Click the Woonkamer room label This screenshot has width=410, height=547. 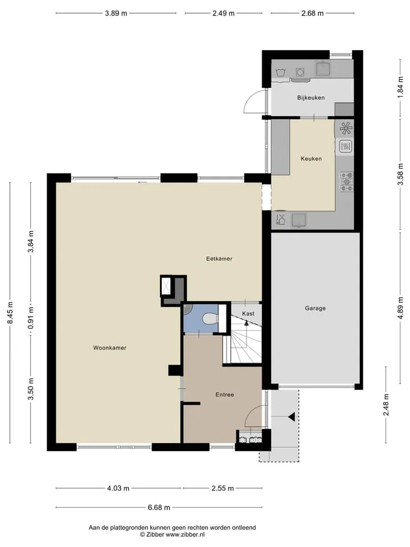109,348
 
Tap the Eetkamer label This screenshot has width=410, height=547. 219,259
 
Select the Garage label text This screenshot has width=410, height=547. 315,308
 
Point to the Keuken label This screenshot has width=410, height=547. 311,158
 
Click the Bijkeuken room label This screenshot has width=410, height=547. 311,97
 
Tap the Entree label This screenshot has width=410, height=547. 224,394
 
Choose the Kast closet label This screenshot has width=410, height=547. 248,313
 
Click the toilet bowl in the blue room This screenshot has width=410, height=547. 210,319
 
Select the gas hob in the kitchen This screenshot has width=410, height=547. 346,182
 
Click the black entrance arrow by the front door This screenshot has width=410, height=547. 292,417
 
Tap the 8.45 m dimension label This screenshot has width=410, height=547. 10,313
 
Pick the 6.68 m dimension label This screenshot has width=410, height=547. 159,507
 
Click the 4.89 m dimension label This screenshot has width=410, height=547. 400,308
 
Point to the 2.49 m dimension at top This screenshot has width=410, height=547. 223,13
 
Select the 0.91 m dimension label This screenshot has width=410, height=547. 31,318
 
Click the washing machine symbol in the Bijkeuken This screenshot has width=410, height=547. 300,72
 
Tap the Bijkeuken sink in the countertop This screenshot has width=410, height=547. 324,68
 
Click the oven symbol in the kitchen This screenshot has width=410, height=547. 345,146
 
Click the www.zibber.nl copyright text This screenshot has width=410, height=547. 172,534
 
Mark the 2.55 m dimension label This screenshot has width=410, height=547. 223,488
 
